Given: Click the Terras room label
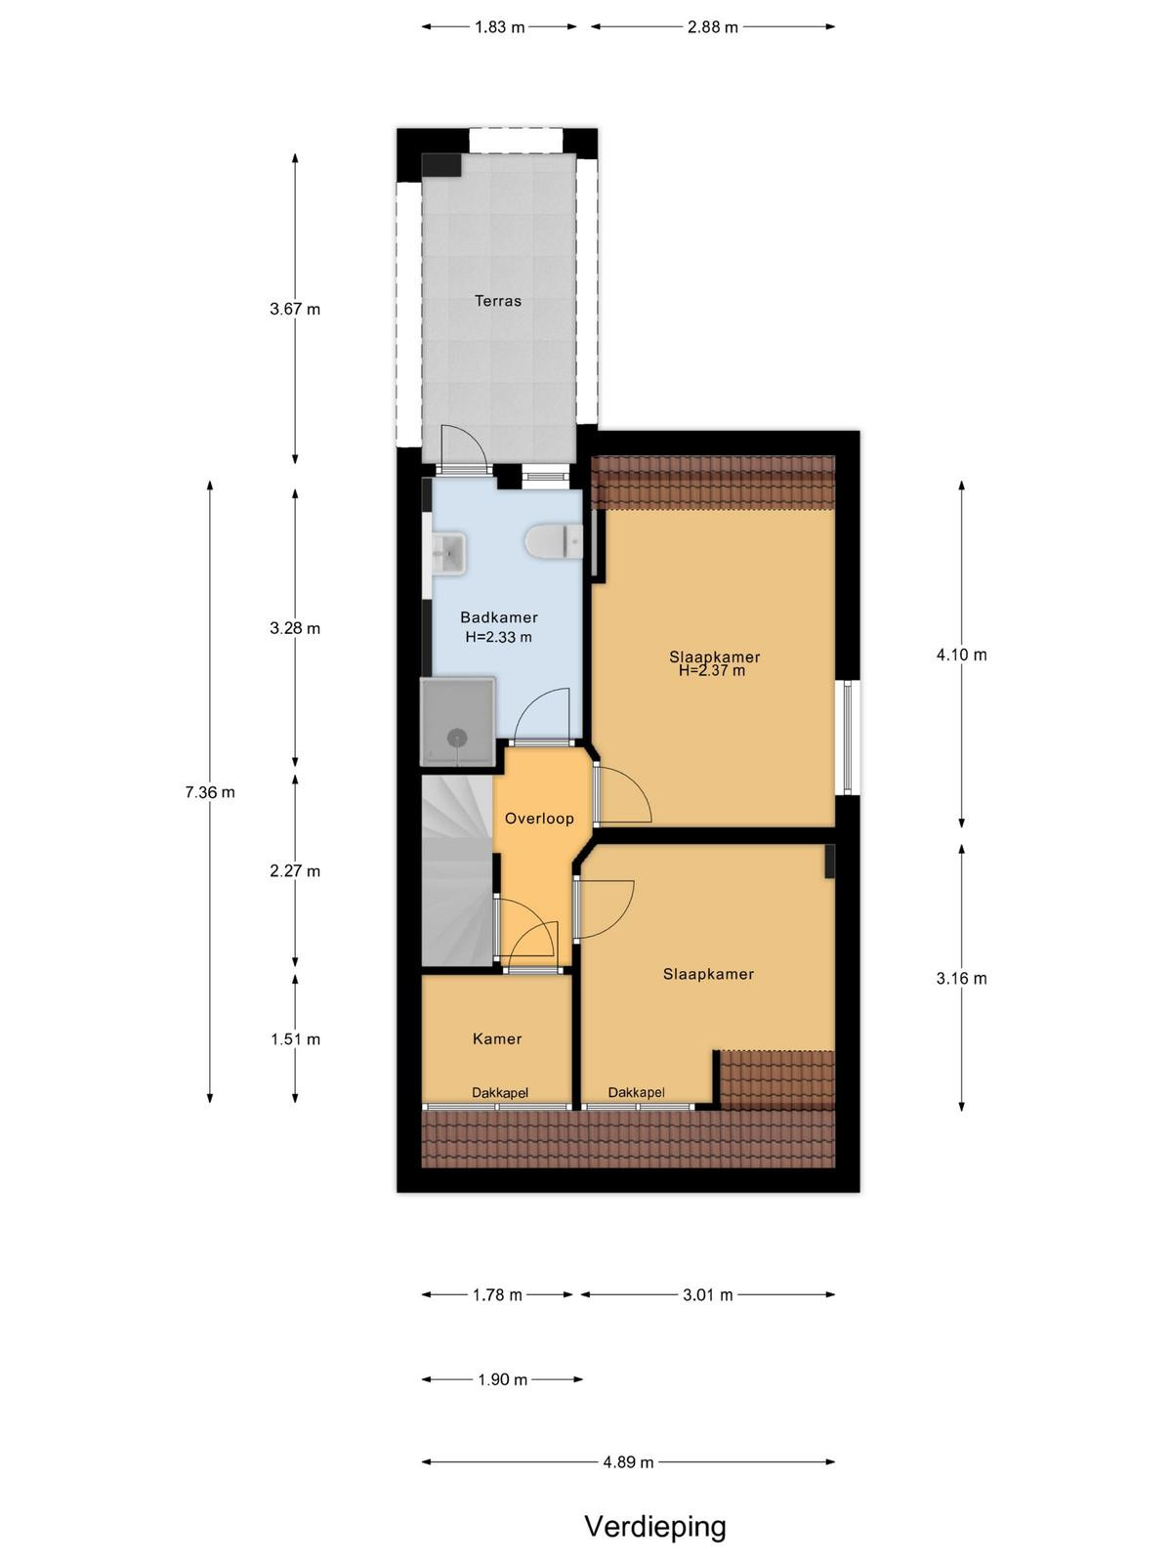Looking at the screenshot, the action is click(497, 301).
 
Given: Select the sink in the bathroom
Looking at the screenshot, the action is click(448, 553).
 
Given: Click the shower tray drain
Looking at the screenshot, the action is click(453, 738).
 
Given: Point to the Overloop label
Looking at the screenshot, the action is click(539, 819).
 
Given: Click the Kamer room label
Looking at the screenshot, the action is click(497, 1039).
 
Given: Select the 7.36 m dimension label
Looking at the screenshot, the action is click(210, 792).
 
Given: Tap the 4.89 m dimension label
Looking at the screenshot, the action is click(628, 1461).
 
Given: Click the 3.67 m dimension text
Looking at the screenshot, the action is click(295, 309).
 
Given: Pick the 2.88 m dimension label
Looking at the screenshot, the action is click(712, 27).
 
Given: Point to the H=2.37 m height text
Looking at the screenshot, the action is click(712, 670).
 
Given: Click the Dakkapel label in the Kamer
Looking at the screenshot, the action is click(499, 1092).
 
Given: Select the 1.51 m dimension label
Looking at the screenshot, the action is click(295, 1039).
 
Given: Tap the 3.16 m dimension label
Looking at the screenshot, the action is click(961, 978).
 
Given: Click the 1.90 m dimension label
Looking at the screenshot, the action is click(502, 1379).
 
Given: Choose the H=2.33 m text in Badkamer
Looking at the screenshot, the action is click(498, 637).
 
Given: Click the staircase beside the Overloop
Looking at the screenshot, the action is click(457, 870).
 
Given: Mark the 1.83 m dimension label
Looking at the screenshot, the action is click(499, 27).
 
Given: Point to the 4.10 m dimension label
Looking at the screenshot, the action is click(961, 655).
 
